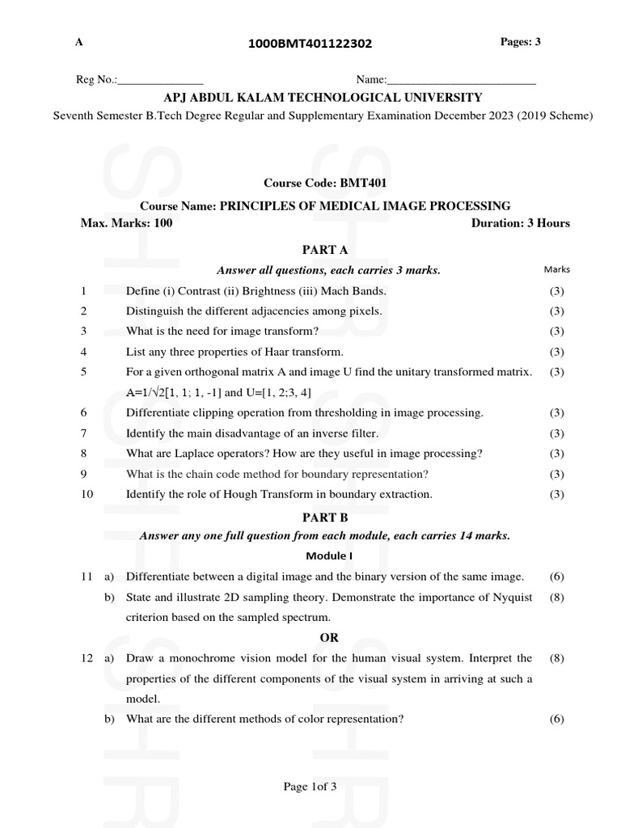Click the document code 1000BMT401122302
(310, 44)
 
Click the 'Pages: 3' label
(521, 42)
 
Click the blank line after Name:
(461, 81)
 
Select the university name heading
(323, 98)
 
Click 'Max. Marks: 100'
(126, 223)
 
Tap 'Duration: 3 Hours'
(520, 223)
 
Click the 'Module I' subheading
(328, 556)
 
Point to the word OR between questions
(329, 638)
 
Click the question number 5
(84, 372)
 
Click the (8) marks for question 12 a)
(556, 658)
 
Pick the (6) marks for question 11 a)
(556, 577)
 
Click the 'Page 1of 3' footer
(309, 788)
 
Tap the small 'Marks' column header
(556, 269)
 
